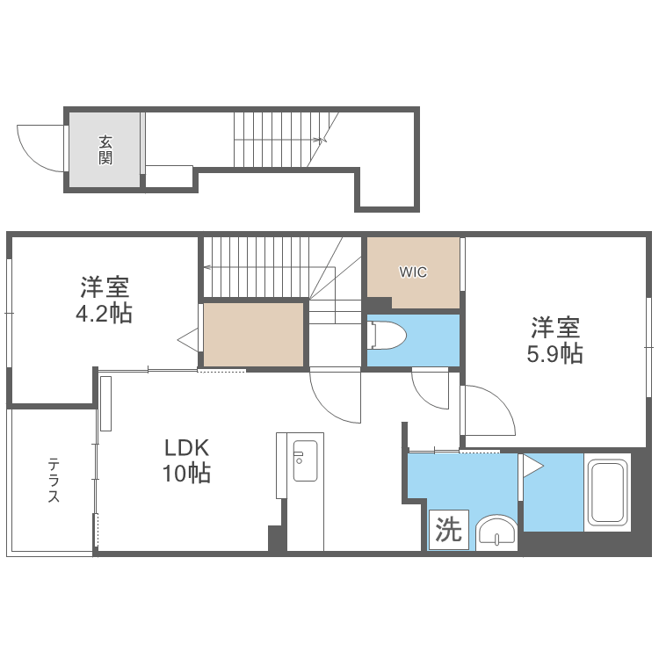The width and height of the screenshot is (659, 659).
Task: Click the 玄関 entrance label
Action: (105, 150)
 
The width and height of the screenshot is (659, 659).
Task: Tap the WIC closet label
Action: (413, 272)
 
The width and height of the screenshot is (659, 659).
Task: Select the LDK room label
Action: (186, 448)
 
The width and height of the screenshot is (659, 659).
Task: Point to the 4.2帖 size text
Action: (104, 314)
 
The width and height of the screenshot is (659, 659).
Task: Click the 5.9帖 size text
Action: (554, 354)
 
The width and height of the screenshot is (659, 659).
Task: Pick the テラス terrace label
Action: (54, 481)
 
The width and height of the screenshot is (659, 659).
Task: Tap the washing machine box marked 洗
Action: (449, 530)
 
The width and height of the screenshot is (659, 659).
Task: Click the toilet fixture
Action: (387, 335)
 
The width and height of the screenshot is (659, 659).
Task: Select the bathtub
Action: (607, 493)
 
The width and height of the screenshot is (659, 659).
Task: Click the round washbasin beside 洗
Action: (496, 532)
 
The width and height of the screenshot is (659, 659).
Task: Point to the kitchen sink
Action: (305, 460)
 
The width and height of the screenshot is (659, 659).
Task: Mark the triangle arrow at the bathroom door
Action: (532, 466)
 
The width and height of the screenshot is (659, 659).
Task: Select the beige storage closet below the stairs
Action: (253, 335)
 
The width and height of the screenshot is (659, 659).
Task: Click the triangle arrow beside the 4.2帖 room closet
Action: (189, 340)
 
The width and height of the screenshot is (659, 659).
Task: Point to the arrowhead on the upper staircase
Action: (322, 140)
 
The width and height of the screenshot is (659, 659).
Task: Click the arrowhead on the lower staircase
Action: (207, 267)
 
